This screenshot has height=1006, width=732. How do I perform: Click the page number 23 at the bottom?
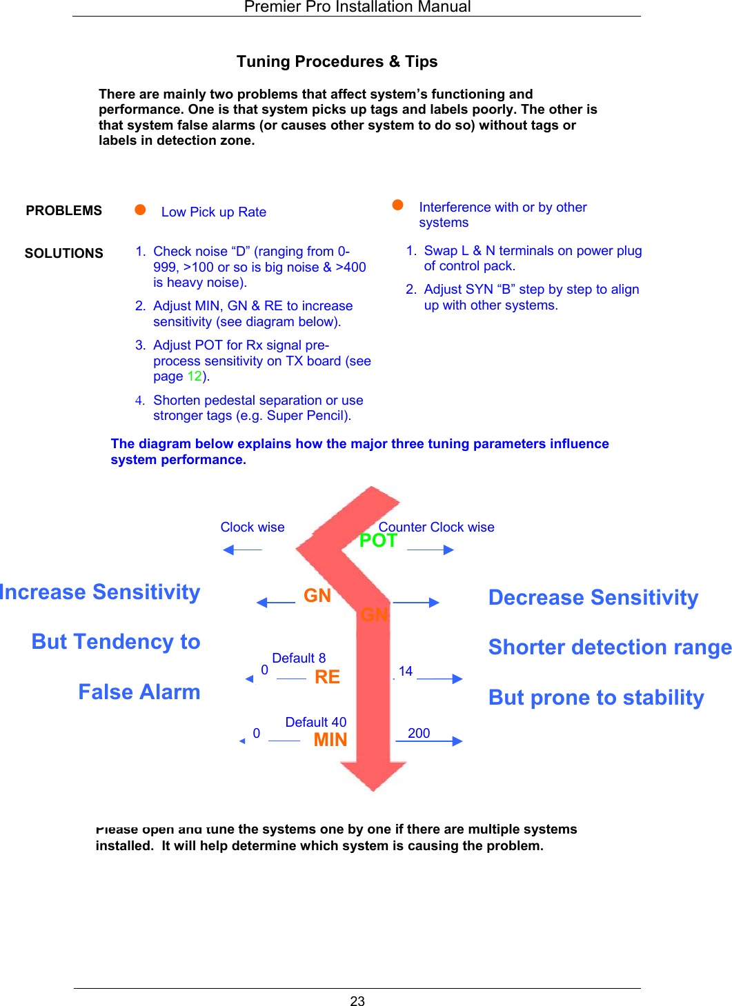pyautogui.click(x=357, y=1000)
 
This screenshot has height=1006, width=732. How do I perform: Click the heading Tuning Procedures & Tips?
pyautogui.click(x=337, y=61)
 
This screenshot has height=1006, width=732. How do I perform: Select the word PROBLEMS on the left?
pyautogui.click(x=64, y=210)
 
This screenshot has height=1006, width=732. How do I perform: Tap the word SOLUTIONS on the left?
pyautogui.click(x=64, y=253)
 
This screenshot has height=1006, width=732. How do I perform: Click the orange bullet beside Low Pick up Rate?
pyautogui.click(x=140, y=210)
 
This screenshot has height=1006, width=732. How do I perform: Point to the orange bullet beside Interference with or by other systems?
pyautogui.click(x=397, y=205)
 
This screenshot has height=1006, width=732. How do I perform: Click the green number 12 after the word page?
pyautogui.click(x=195, y=376)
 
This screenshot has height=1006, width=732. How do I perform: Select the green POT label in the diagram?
pyautogui.click(x=378, y=541)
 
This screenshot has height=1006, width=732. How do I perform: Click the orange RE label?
pyautogui.click(x=327, y=677)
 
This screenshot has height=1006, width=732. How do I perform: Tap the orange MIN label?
pyautogui.click(x=330, y=740)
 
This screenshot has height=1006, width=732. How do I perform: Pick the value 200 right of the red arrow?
pyautogui.click(x=419, y=733)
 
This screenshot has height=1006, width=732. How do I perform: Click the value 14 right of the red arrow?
pyautogui.click(x=406, y=671)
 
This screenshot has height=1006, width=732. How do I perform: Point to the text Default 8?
pyautogui.click(x=299, y=658)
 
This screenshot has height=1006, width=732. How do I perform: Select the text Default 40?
pyautogui.click(x=316, y=722)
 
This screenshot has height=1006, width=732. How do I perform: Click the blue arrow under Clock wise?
pyautogui.click(x=242, y=550)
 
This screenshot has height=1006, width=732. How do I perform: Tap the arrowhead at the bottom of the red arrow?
pyautogui.click(x=373, y=775)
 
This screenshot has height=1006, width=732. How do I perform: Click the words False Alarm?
pyautogui.click(x=139, y=692)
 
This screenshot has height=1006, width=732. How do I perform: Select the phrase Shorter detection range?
pyautogui.click(x=610, y=647)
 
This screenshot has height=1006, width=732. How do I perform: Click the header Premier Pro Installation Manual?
pyautogui.click(x=357, y=7)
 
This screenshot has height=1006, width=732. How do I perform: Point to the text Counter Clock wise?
pyautogui.click(x=437, y=527)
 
